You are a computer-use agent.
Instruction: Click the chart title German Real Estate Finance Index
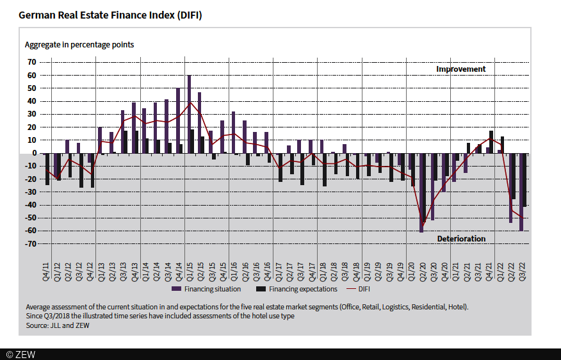pos(110,14)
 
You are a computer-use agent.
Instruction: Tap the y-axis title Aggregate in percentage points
pos(79,45)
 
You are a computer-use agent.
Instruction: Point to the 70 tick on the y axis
pos(31,62)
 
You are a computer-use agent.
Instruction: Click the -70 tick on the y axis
pos(30,244)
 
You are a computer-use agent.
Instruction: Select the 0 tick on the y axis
pos(34,153)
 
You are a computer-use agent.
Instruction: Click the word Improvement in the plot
pos(461,69)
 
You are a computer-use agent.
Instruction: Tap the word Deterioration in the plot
pos(461,239)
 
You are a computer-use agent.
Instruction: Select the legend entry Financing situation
pos(208,289)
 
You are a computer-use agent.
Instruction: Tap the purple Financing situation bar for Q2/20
pos(421,192)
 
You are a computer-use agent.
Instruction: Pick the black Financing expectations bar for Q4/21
pos(491,142)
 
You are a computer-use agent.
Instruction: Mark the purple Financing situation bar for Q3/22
pos(521,192)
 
